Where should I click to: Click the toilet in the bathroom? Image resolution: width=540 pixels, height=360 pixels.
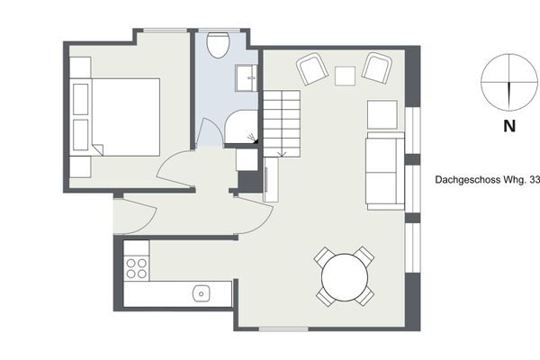218,44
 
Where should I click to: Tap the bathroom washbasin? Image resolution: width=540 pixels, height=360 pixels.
247,78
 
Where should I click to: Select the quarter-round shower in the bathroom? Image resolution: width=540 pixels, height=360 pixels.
241,126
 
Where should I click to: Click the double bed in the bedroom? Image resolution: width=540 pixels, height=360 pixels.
115,117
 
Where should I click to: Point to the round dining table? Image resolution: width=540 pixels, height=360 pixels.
345,277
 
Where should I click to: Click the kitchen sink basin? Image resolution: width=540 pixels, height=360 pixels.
202,293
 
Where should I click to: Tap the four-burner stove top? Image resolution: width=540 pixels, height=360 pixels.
137,268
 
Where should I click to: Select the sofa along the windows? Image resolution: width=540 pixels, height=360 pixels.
386,171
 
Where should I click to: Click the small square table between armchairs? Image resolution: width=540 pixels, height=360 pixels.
345,76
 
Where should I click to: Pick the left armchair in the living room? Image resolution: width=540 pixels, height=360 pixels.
312,69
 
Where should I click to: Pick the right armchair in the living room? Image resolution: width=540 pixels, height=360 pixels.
377,67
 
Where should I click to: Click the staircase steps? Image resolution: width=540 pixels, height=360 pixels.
282,123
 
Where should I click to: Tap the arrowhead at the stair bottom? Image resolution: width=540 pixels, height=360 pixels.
282,155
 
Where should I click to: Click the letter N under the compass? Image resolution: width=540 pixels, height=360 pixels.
509,126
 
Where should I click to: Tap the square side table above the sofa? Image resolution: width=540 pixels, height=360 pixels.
382,114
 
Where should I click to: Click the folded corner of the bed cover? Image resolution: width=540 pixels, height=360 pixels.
98,149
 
